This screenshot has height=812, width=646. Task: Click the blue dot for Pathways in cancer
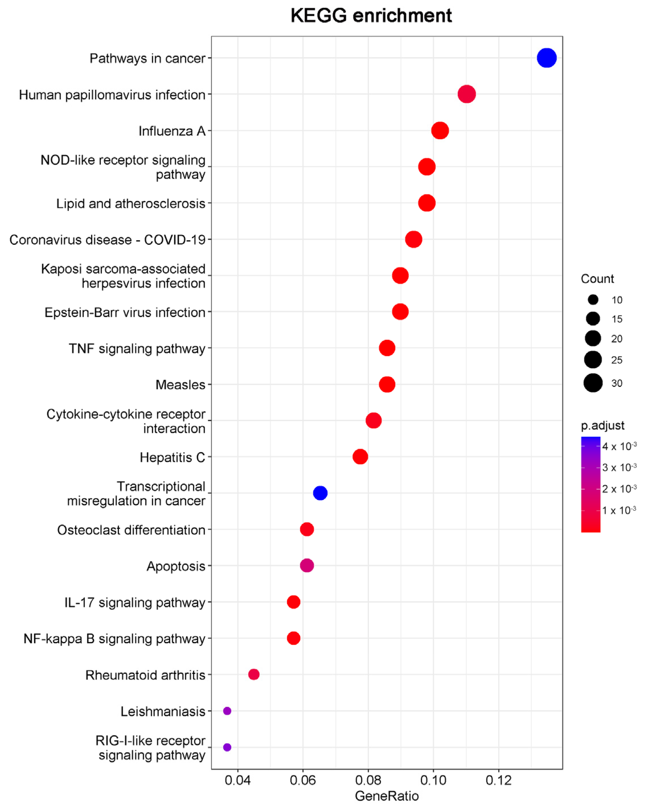[x=547, y=58]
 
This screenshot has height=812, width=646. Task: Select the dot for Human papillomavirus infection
[x=467, y=94]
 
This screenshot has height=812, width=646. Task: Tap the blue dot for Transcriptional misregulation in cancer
[x=320, y=493]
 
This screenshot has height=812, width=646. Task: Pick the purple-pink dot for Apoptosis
[x=307, y=565]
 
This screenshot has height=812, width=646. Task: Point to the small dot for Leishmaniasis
[x=227, y=711]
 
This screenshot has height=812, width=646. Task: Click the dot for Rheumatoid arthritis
[x=254, y=674]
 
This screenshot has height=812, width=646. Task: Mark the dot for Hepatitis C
[x=360, y=456]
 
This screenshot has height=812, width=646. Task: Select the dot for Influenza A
[x=440, y=131]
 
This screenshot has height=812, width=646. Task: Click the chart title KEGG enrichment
[x=371, y=16]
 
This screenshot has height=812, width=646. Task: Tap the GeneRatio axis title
[x=387, y=796]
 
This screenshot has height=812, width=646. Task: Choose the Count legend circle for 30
[x=593, y=383]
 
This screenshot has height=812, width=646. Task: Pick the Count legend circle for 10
[x=593, y=300]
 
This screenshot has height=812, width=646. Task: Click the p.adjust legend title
[x=602, y=426]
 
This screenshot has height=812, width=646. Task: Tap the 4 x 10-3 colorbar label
[x=619, y=446]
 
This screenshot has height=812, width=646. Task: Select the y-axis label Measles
[x=181, y=385]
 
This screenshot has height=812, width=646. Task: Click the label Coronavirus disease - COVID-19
[x=107, y=239]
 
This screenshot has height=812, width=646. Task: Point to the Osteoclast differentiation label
[x=131, y=530]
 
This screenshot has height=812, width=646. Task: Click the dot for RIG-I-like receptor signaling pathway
[x=227, y=747]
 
